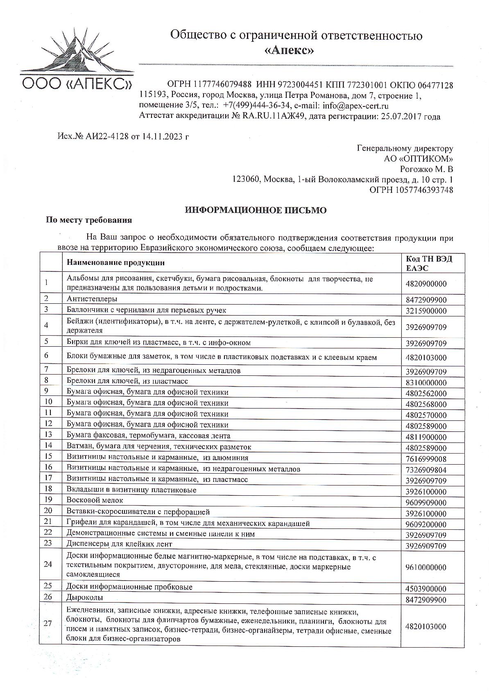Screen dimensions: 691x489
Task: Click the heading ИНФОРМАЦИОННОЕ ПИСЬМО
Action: click(x=256, y=210)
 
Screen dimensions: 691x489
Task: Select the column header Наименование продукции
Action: click(x=115, y=262)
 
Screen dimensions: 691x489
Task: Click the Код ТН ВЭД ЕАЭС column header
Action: click(x=429, y=263)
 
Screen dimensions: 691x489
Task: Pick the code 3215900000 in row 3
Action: click(x=426, y=311)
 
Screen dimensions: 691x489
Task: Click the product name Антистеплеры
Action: click(x=92, y=299)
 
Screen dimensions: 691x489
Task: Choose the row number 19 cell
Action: click(x=48, y=500)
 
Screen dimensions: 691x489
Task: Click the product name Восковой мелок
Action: click(x=95, y=500)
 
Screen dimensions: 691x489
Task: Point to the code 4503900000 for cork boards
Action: click(x=426, y=589)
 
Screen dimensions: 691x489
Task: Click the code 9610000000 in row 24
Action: click(x=426, y=567)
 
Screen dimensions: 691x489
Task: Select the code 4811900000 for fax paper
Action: click(x=426, y=437)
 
